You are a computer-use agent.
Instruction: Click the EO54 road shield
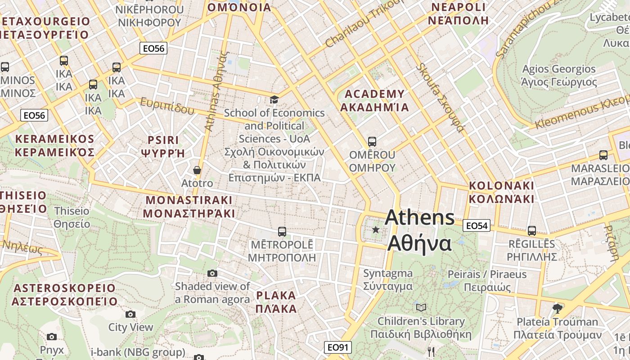tap(477, 226)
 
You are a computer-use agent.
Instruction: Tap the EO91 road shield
tap(337, 347)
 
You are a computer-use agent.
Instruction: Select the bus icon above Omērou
tap(372, 142)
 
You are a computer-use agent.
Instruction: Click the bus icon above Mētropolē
tap(282, 232)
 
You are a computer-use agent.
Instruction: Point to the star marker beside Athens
tap(376, 230)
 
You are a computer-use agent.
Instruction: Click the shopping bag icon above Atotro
tap(197, 170)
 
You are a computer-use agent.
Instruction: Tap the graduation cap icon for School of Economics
tap(274, 99)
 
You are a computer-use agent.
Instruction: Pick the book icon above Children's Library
tap(421, 308)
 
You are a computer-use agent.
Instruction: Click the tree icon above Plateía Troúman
tap(557, 308)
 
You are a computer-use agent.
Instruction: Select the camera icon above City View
tap(130, 314)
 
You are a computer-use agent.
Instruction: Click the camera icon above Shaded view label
tap(212, 273)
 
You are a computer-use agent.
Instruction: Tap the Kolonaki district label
tap(501, 192)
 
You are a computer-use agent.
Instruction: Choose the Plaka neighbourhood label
tap(276, 302)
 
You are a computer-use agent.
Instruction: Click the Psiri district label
tap(163, 146)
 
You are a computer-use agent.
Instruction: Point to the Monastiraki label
tap(189, 207)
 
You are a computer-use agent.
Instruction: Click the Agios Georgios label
tap(558, 76)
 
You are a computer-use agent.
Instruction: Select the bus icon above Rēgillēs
tap(532, 231)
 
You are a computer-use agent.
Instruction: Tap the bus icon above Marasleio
tap(603, 155)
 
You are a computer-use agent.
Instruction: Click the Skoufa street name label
tap(440, 98)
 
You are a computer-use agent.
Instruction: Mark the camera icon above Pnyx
tap(52, 337)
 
